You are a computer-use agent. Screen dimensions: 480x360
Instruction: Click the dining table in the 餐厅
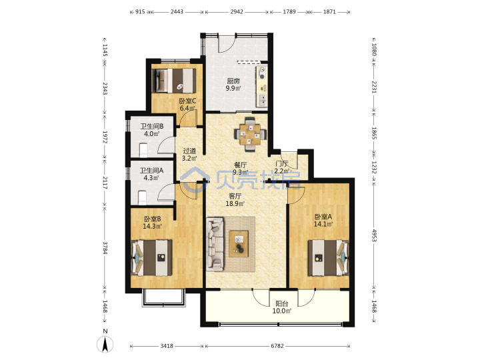tap(250, 134)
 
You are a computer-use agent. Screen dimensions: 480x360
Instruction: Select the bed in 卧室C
tap(174, 80)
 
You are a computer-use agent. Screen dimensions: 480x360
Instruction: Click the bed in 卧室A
tap(328, 258)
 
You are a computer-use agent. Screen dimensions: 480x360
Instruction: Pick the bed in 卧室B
tap(151, 258)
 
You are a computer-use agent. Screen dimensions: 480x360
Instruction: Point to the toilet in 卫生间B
tap(143, 150)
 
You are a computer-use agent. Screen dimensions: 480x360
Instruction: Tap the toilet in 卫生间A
tap(142, 197)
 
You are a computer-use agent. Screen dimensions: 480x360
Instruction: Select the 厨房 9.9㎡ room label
tap(233, 85)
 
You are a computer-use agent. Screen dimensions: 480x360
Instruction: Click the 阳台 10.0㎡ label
tap(281, 307)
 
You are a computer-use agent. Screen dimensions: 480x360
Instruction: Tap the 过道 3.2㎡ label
tap(189, 155)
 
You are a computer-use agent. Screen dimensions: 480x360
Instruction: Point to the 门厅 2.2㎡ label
tap(281, 167)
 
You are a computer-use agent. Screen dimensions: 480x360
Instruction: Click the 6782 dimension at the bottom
tap(277, 346)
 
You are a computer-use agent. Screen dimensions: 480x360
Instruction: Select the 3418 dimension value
tap(167, 346)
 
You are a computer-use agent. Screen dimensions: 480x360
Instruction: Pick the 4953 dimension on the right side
tap(374, 235)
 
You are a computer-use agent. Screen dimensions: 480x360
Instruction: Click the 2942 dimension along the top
tap(237, 11)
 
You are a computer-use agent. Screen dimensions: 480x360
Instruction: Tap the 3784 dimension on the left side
tap(105, 247)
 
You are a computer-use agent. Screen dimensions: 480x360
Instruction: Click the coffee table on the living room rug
tap(239, 244)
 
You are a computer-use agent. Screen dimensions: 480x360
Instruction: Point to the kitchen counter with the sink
tap(262, 86)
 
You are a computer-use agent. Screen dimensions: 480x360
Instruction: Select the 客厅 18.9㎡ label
tap(235, 199)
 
